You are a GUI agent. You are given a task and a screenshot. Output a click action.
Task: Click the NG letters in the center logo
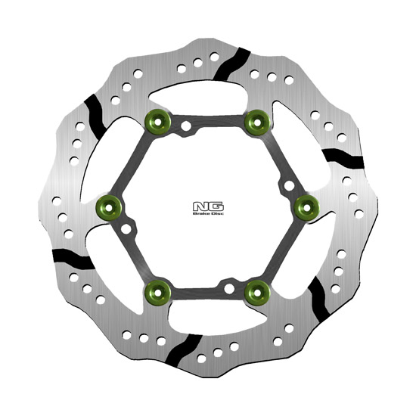pyautogui.click(x=207, y=205)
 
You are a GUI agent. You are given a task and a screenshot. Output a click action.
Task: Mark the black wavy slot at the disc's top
pyautogui.click(x=232, y=64)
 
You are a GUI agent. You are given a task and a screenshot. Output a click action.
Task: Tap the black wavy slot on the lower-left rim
pyautogui.click(x=73, y=257)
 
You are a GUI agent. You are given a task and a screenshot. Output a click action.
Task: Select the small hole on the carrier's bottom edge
pyautogui.click(x=228, y=285)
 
